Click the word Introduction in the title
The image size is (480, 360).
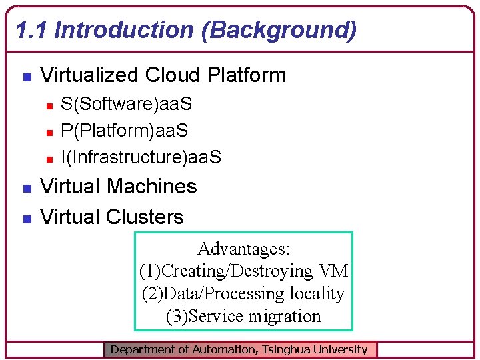127,30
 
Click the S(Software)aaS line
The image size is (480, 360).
127,104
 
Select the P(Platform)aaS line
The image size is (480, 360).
125,131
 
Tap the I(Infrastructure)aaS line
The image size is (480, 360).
141,157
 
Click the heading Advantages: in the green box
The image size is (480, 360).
244,249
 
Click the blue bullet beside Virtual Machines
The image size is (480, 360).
26,188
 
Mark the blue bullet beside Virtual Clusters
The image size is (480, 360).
26,219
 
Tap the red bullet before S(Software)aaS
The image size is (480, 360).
49,105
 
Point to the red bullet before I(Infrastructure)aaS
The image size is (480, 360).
49,159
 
